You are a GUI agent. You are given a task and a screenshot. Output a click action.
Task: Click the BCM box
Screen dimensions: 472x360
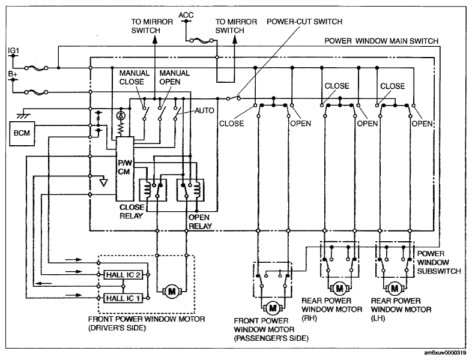coord(22,134)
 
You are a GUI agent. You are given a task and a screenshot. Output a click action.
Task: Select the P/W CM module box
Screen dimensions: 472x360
coord(125,169)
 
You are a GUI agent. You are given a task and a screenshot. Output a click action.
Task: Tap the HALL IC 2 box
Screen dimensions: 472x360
coord(123,275)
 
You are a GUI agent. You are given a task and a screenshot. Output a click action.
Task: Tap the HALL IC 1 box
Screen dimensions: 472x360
coord(123,298)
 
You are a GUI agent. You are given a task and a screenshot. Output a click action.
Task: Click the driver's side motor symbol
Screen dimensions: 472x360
coord(172,291)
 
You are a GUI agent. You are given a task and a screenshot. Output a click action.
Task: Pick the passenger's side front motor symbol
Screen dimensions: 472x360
coord(273,308)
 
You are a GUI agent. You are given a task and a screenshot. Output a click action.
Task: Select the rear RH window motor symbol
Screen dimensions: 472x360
coord(339,289)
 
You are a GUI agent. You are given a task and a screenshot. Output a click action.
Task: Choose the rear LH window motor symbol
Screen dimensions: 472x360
coord(395,289)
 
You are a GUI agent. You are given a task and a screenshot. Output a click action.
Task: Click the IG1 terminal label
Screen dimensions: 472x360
coord(14,51)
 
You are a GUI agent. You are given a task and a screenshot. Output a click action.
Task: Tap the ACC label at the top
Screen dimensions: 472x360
coord(186,15)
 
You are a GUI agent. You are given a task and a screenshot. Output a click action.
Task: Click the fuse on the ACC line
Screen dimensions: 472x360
coord(201,40)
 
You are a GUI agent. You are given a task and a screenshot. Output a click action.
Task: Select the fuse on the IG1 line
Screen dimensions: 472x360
coord(36,68)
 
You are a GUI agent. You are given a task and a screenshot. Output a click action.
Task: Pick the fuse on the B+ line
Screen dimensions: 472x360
coord(36,92)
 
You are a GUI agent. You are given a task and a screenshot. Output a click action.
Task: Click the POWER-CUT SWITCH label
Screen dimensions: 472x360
coord(304,22)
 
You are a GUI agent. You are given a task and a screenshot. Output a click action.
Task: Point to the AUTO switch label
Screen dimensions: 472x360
coord(204,110)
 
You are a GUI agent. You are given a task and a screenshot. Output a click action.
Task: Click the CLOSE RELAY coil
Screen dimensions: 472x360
coord(147,190)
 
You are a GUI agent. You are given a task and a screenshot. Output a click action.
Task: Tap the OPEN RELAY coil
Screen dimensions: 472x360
coord(197,190)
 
